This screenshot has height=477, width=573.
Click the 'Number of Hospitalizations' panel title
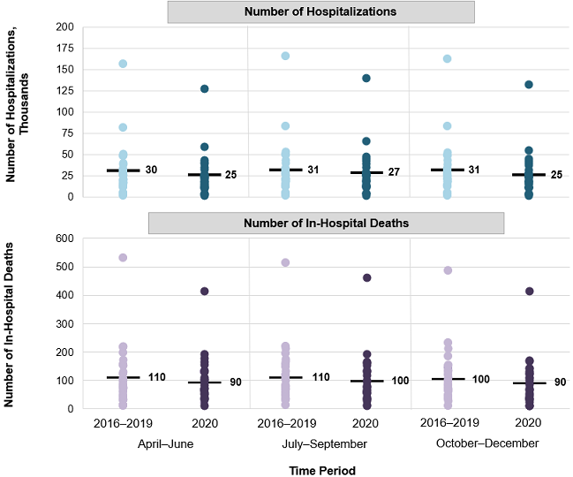321,11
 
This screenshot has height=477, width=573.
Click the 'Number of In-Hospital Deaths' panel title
326,223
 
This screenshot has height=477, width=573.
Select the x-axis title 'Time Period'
322,471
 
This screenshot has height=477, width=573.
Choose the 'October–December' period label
487,443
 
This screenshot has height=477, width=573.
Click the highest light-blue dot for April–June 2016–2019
124,64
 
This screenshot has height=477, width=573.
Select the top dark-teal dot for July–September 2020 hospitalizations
366,79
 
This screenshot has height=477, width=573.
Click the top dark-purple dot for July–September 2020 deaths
366,277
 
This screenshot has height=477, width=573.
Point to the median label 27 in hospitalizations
395,172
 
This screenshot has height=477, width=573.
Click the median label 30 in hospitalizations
151,169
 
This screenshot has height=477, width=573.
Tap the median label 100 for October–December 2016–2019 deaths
479,378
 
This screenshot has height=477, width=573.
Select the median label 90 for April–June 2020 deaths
235,382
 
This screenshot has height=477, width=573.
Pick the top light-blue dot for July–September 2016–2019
285,56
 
